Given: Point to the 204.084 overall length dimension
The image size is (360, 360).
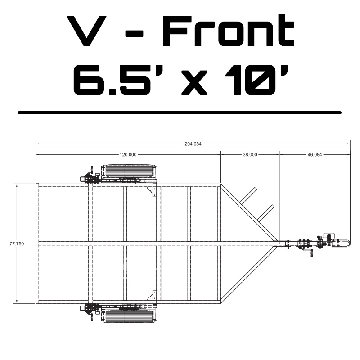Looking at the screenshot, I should pos(193,144).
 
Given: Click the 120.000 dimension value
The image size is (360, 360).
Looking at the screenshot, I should pos(128,154).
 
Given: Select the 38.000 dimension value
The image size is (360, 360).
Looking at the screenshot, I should pos(250,154).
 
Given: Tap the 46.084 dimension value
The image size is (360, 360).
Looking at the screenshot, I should pos(315,154).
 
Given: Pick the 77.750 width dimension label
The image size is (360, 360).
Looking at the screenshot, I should pos(17,243).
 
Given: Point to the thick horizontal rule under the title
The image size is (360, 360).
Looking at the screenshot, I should pos(180,112).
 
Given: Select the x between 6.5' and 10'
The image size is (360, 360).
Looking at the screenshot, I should pos(195,83).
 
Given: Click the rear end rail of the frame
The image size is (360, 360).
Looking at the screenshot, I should pos(37,243).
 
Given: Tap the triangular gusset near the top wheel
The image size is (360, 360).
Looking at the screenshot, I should pos(151,192).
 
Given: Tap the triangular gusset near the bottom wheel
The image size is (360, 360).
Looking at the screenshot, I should pos(151,295).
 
